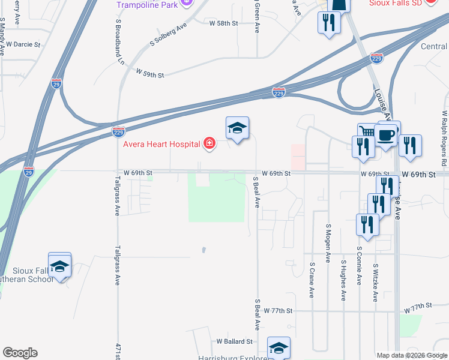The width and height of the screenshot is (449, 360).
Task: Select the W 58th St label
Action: [224, 23]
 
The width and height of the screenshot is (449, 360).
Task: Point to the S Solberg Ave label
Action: [169, 35]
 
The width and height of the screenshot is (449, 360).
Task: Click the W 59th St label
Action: [150, 73]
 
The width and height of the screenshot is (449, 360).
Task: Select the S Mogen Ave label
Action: [328, 243]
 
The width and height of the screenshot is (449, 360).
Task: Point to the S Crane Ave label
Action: [312, 280]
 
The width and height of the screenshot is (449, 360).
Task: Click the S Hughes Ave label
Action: [344, 280]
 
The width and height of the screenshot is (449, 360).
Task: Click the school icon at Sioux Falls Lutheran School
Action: [59, 265]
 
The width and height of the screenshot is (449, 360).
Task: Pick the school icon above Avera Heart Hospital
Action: [237, 128]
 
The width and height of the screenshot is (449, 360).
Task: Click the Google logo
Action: [19, 353]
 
